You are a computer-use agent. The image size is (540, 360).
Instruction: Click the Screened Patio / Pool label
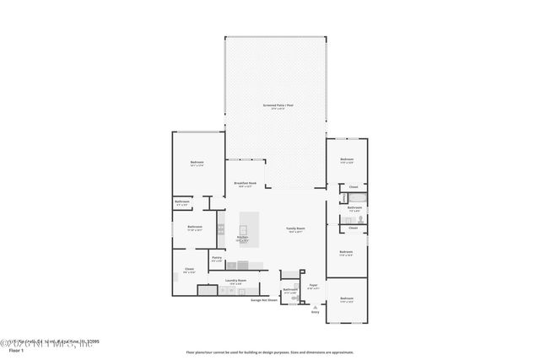[278, 107]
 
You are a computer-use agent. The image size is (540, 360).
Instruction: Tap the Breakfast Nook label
[245, 184]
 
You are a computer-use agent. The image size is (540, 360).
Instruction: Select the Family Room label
[294, 229]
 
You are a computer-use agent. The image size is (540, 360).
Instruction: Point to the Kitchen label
[242, 239]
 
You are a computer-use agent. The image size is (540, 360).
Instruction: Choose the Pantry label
[217, 259]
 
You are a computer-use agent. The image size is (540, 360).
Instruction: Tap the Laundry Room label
[236, 282]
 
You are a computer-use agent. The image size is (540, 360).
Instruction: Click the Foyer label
[312, 287]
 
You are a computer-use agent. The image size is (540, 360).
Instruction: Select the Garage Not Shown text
[264, 299]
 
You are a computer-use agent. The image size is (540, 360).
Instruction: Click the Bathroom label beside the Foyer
[290, 291]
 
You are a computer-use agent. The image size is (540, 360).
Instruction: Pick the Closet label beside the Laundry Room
[190, 271]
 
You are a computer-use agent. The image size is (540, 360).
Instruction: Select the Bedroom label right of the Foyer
[347, 299]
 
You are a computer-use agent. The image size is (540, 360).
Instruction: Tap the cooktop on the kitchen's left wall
[222, 227]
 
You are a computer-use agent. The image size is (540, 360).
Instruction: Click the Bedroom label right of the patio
[347, 159]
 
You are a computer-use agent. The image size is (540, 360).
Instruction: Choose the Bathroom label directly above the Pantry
[195, 227]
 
